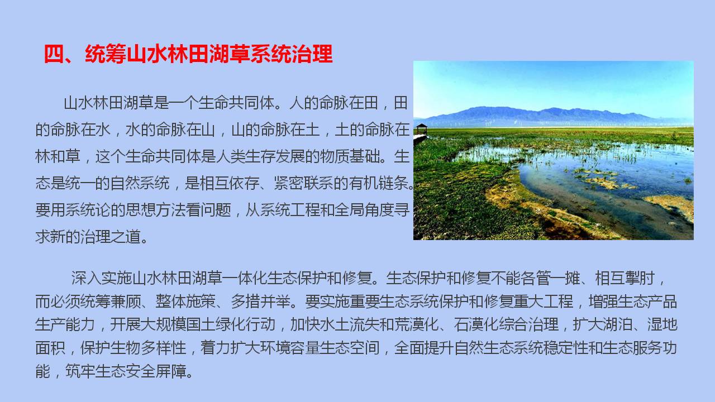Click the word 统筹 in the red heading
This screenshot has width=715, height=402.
(106, 54)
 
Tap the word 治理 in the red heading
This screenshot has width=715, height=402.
(312, 54)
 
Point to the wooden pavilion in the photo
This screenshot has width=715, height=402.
(422, 130)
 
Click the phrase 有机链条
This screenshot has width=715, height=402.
(378, 183)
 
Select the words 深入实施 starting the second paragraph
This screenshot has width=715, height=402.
(101, 278)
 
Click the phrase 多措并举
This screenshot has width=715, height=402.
(261, 301)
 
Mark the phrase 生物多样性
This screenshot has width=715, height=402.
(149, 348)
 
